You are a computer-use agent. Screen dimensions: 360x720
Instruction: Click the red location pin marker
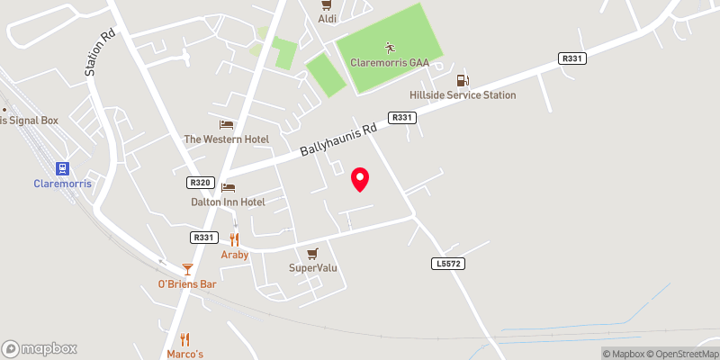pyautogui.click(x=360, y=179)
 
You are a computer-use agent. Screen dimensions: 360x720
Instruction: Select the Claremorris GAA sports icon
pyautogui.click(x=390, y=47)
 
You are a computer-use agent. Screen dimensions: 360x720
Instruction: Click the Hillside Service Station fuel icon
pyautogui.click(x=463, y=79)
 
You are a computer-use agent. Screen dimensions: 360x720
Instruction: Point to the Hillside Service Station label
pyautogui.click(x=475, y=94)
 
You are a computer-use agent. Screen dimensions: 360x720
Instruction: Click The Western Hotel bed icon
pyautogui.click(x=226, y=124)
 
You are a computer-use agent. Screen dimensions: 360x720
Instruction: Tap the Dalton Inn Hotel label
pyautogui.click(x=228, y=202)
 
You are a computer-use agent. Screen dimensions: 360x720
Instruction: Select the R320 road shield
pyautogui.click(x=200, y=183)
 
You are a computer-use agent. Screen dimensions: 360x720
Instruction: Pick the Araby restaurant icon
pyautogui.click(x=234, y=239)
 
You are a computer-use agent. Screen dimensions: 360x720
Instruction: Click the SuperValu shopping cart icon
pyautogui.click(x=312, y=253)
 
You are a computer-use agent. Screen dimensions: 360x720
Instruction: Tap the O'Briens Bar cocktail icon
pyautogui.click(x=187, y=268)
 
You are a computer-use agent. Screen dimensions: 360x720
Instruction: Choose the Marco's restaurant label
pyautogui.click(x=185, y=354)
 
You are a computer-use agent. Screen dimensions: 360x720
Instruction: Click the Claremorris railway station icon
pyautogui.click(x=62, y=167)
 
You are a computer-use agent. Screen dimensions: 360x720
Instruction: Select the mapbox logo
pyautogui.click(x=40, y=348)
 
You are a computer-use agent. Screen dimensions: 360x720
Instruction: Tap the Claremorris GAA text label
pyautogui.click(x=389, y=63)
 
